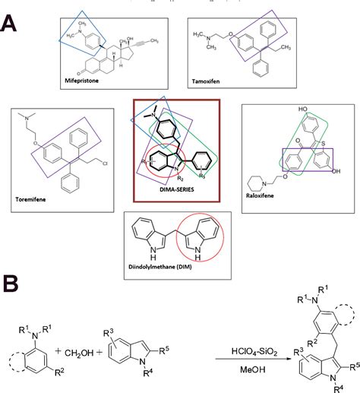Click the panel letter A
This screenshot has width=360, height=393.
[x=14, y=17]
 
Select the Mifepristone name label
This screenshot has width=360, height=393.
[x=87, y=78]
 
